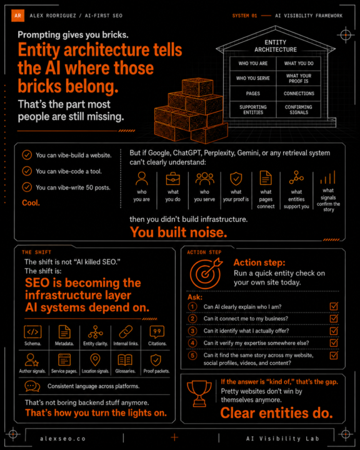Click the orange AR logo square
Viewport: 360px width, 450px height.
tap(17, 16)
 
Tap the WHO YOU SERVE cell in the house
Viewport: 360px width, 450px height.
tap(253, 78)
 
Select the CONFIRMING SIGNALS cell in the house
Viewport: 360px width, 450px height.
tap(299, 109)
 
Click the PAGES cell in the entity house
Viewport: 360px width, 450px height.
tap(253, 94)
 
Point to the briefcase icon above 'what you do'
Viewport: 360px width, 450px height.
tap(173, 179)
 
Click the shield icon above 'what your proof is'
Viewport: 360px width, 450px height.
tap(236, 179)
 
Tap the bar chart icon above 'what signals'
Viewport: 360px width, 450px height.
tap(328, 177)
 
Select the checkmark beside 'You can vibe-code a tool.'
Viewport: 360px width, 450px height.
tap(27, 171)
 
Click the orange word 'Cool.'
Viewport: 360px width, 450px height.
tap(31, 203)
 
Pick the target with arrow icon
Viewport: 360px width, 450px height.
tap(206, 273)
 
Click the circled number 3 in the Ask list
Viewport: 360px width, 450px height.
tap(192, 331)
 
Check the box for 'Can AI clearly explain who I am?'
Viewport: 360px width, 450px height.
tap(334, 306)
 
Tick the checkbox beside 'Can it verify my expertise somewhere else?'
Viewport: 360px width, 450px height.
tap(334, 342)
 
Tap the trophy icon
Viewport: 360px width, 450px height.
tap(199, 394)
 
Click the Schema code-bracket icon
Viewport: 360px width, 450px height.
tap(32, 332)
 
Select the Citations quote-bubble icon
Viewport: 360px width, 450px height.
tap(157, 332)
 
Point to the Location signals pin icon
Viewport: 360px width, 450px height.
tap(95, 359)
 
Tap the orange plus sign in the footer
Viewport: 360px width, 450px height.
tap(174, 437)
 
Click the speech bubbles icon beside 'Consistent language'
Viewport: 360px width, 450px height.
tap(32, 386)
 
